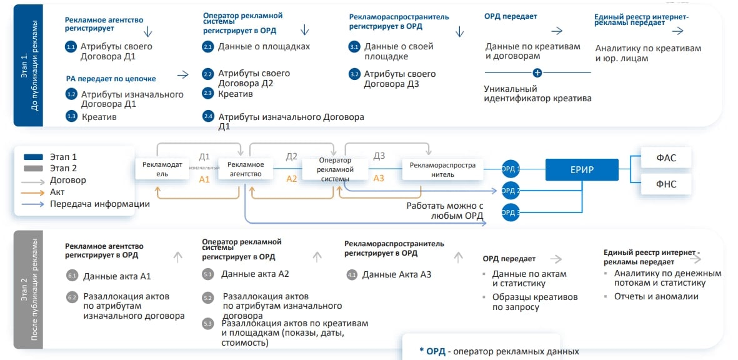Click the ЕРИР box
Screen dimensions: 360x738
click(581, 170)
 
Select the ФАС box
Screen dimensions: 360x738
click(667, 158)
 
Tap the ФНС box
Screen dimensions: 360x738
click(667, 184)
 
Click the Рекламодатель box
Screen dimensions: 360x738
click(162, 169)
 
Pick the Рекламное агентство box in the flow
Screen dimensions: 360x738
click(246, 169)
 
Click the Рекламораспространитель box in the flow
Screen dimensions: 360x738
click(442, 169)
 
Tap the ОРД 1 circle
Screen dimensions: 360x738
click(511, 168)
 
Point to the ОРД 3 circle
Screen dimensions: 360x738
click(511, 213)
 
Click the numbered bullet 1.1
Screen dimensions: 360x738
click(71, 47)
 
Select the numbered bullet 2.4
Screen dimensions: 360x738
click(208, 117)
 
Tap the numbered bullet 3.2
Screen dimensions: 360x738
click(354, 74)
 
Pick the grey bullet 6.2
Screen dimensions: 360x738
click(72, 297)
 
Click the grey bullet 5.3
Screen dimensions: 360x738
click(208, 324)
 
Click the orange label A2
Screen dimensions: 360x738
click(292, 179)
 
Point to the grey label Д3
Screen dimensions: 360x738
click(379, 156)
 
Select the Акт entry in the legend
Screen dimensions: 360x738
click(57, 192)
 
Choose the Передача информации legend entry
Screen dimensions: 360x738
click(100, 204)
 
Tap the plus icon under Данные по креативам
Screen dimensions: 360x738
click(537, 72)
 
